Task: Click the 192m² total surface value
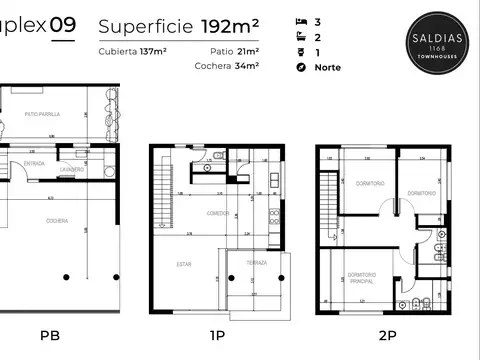point(232,24)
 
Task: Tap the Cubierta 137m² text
point(132,51)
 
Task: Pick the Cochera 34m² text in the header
point(227,66)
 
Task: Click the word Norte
point(326,67)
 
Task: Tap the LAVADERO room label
point(73,169)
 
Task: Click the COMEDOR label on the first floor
point(219,213)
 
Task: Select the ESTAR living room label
point(184,265)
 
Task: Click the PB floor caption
point(50,337)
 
